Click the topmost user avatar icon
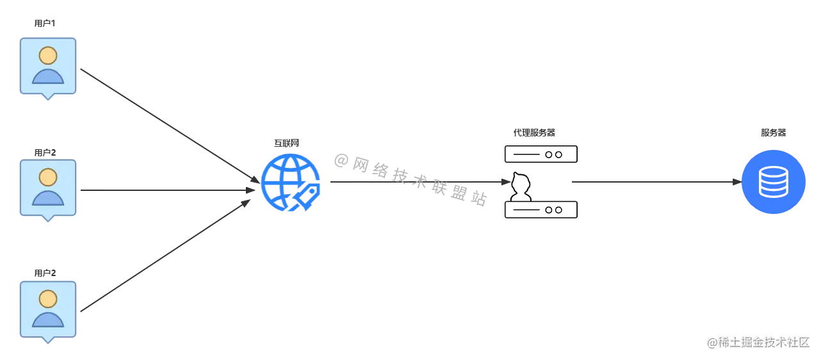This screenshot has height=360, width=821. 48,66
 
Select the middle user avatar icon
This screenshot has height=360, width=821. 48,188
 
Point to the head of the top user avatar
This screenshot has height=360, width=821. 47,55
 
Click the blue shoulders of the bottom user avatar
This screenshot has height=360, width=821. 48,320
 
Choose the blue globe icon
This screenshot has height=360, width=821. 290,182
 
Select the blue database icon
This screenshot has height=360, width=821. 773,182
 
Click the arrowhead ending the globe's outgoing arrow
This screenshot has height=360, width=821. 505,182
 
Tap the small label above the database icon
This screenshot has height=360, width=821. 773,133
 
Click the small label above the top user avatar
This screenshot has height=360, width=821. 43,24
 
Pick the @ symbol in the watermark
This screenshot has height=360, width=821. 711,341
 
